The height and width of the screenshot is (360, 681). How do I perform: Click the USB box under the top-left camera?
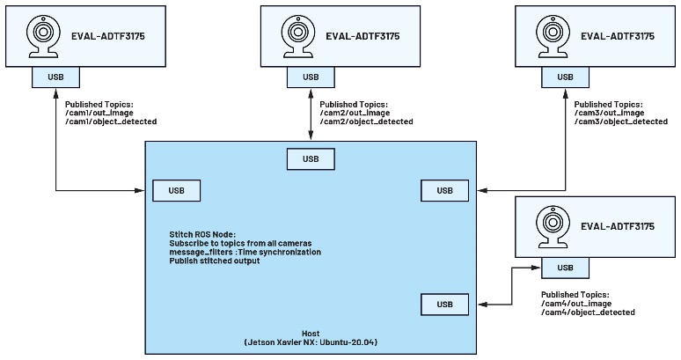[x=55, y=77]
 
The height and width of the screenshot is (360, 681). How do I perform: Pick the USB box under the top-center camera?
[x=311, y=77]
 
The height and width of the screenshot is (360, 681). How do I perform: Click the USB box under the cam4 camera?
[x=565, y=268]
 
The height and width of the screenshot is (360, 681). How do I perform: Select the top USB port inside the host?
[x=311, y=159]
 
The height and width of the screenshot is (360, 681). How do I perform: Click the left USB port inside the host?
[x=176, y=190]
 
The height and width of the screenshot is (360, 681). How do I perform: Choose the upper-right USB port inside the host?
[x=445, y=190]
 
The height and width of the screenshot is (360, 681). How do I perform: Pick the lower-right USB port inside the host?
[x=445, y=305]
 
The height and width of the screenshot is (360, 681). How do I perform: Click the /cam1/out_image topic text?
[x=96, y=112]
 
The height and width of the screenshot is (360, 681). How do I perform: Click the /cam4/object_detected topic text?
[x=588, y=312]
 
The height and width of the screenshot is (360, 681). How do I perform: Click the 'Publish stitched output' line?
[x=215, y=261]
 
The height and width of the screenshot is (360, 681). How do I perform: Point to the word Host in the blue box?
[x=310, y=333]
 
